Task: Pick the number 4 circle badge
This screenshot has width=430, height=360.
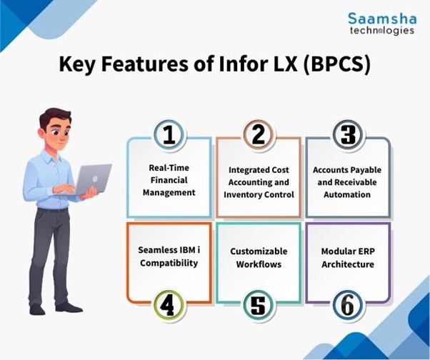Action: point(169,305)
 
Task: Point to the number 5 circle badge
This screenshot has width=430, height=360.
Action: point(258,305)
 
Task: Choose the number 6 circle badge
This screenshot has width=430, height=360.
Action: point(348,305)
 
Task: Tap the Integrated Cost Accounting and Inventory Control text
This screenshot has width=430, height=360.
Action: point(258,182)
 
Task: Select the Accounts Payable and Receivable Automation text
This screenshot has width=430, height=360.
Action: point(348,182)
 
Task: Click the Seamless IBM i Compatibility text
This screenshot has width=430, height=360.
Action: point(169,257)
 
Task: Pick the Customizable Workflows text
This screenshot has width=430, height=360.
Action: point(258,257)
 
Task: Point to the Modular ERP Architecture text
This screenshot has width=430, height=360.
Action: point(348,257)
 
